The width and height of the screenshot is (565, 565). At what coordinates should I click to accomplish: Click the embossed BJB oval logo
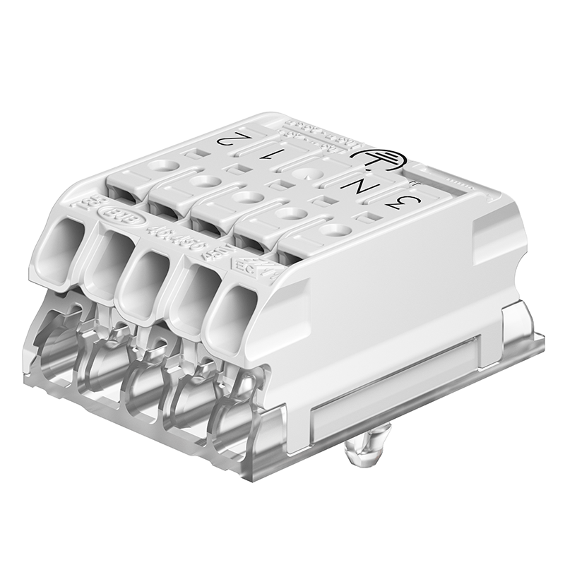point(114,215)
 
